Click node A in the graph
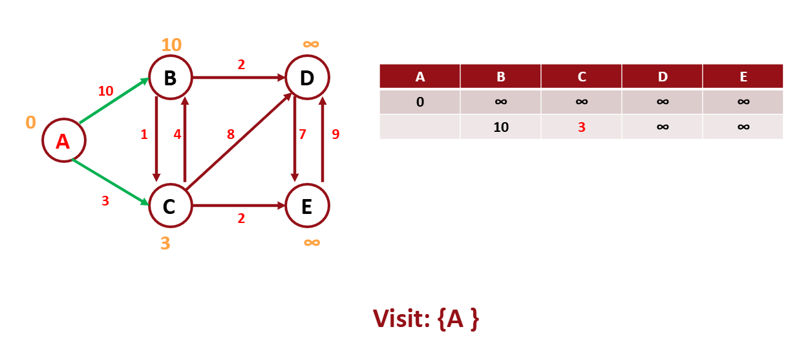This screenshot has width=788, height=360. coord(63,141)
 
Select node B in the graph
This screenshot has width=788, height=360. coord(170,78)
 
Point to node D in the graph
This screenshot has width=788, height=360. coord(307,78)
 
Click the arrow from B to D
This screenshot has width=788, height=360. coord(239,78)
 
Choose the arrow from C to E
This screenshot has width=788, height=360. coord(239,206)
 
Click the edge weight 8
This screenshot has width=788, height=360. coord(230,134)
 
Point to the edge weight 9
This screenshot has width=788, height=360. coord(335,134)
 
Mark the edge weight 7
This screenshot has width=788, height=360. coord(302,134)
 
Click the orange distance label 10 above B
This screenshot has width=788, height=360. coord(171,45)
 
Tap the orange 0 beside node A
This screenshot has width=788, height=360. coord(30,122)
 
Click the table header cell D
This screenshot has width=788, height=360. coord(663,77)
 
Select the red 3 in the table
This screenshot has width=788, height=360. coord(582,127)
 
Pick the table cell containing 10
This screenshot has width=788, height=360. coord(501,127)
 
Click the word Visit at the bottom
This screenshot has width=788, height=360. coord(398,319)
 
